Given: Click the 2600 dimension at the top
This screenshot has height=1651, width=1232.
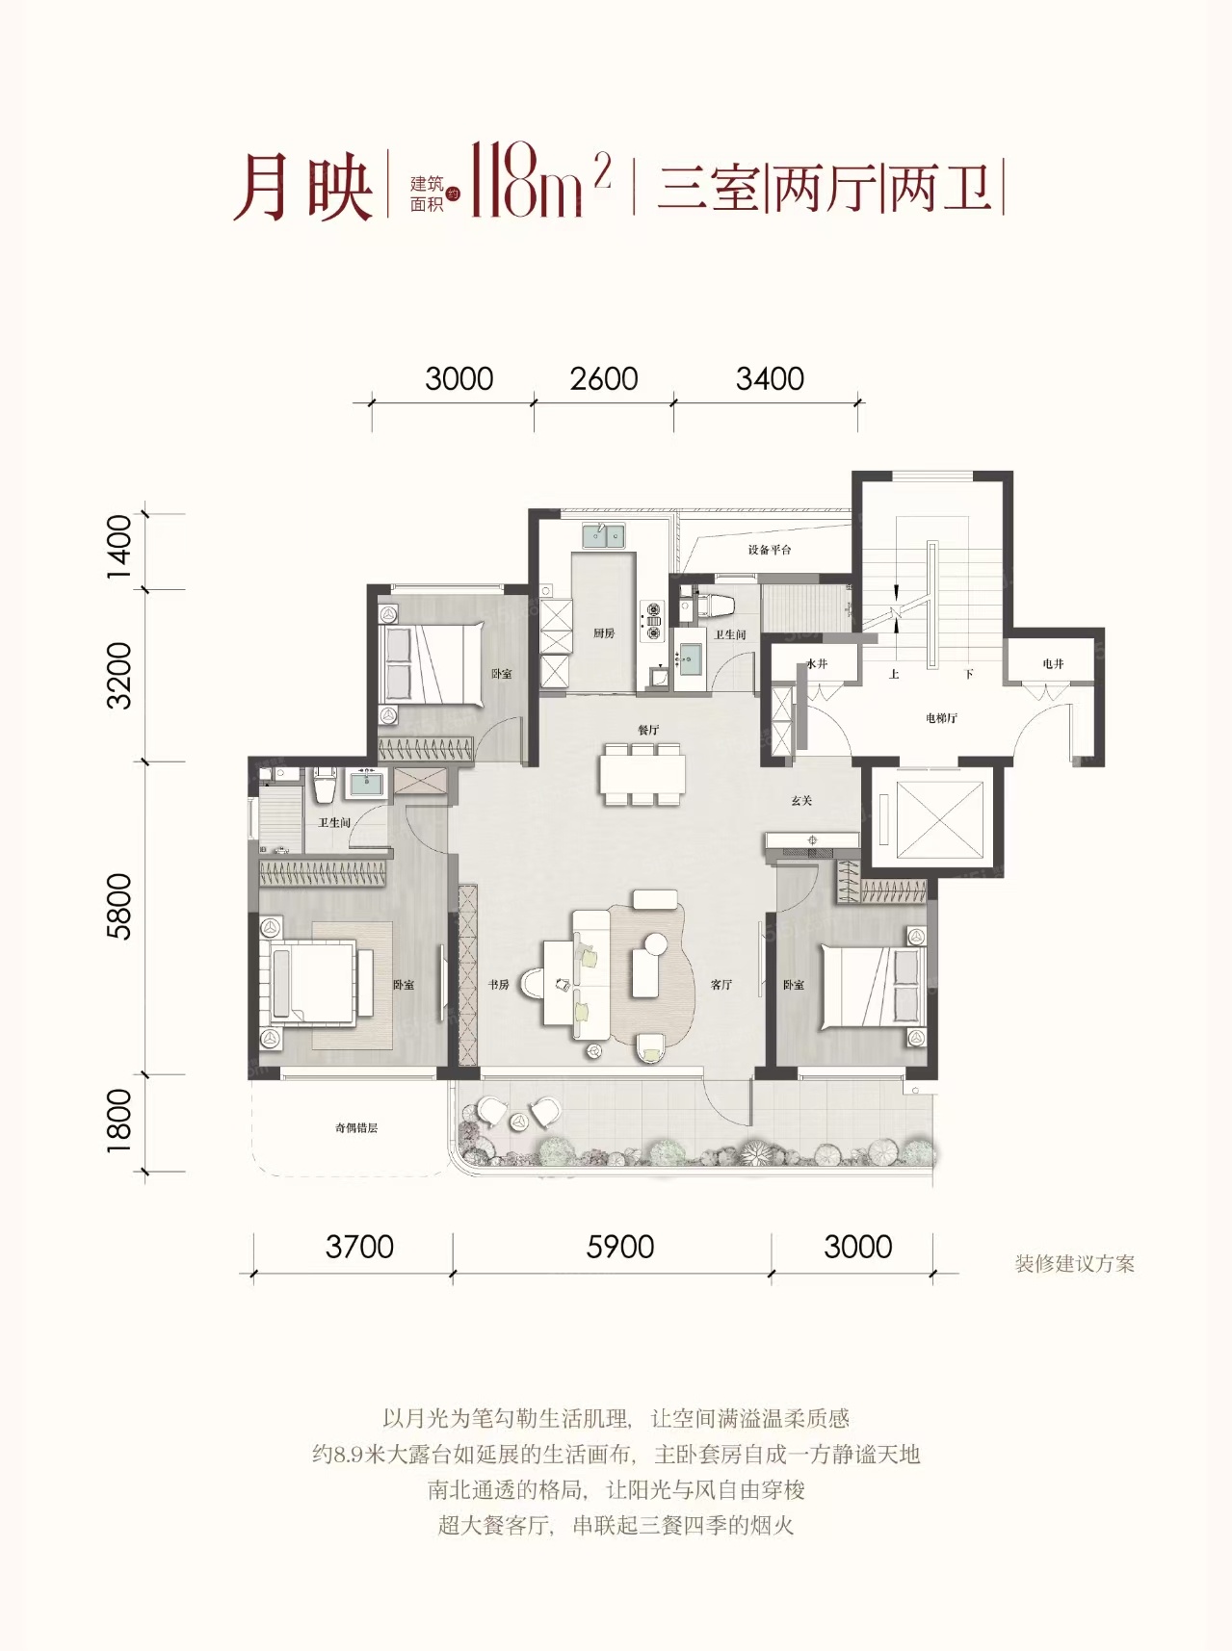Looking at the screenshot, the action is click(604, 378).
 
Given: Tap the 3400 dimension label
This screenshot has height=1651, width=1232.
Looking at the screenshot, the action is click(770, 378).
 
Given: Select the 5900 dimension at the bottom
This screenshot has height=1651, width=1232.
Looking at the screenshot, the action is click(620, 1247).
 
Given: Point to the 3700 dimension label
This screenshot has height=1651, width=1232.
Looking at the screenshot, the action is click(359, 1247).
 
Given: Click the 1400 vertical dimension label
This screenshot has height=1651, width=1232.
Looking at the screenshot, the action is click(118, 546).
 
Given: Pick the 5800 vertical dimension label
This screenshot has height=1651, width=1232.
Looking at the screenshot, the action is click(118, 906).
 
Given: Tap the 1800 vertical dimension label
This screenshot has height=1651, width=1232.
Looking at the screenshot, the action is click(118, 1120).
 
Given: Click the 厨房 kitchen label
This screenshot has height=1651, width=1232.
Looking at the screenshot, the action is click(604, 632).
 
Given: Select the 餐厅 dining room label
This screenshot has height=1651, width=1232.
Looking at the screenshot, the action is click(648, 730).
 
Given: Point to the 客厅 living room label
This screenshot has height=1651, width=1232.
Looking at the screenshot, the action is click(721, 985).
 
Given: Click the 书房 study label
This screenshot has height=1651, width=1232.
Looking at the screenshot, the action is click(498, 985).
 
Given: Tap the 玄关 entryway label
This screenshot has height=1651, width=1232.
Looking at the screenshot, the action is click(801, 800).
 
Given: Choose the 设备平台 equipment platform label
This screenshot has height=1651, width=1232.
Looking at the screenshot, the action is click(770, 550).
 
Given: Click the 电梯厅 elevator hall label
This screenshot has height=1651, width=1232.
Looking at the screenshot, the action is click(941, 718).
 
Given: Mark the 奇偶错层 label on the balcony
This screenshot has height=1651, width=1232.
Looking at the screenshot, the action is click(356, 1127).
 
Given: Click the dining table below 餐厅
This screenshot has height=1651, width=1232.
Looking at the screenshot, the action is click(642, 774).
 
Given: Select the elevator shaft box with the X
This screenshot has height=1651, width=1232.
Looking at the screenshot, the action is click(939, 819).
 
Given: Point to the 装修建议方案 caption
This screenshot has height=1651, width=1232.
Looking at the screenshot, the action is click(1075, 1264).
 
